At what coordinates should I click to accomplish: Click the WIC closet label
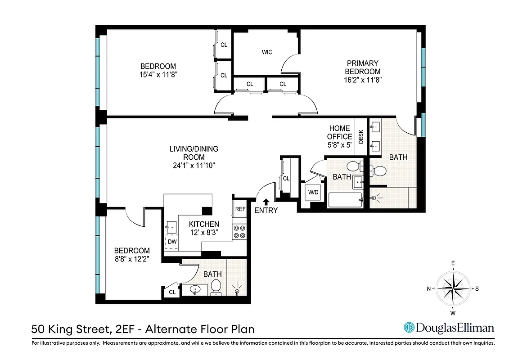click(267, 52)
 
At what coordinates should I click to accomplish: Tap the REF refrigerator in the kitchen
click(240, 209)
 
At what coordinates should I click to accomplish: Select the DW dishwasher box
click(172, 242)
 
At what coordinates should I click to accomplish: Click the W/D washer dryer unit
click(313, 193)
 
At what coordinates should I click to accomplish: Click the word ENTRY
click(266, 211)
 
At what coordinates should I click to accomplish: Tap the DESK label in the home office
click(361, 137)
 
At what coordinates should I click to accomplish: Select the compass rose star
click(453, 288)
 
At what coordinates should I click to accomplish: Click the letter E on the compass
click(453, 264)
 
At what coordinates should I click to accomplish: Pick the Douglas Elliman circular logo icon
click(409, 328)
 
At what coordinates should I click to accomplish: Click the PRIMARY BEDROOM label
click(362, 67)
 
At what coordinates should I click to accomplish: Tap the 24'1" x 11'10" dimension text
click(194, 165)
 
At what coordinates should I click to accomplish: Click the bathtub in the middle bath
click(346, 200)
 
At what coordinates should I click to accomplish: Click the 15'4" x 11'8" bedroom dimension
click(157, 74)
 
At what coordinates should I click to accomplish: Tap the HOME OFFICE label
click(339, 132)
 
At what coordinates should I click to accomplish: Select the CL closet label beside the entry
click(286, 179)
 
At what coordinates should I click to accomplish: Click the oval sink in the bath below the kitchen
click(196, 289)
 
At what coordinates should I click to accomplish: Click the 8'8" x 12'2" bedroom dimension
click(131, 259)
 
